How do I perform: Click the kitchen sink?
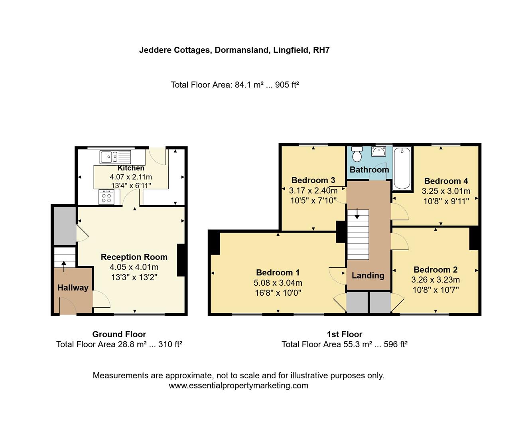pyautogui.click(x=115, y=156)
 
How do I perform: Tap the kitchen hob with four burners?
pyautogui.click(x=106, y=197)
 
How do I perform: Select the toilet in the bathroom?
pyautogui.click(x=357, y=154)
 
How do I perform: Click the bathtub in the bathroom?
pyautogui.click(x=402, y=168)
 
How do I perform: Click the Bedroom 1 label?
pyautogui.click(x=278, y=273)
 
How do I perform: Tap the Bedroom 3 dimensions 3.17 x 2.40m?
pyautogui.click(x=313, y=190)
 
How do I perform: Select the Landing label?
pyautogui.click(x=368, y=275)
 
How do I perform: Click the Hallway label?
pyautogui.click(x=73, y=288)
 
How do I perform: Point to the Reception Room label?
pyautogui.click(x=134, y=257)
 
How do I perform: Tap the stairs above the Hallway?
pyautogui.click(x=65, y=257)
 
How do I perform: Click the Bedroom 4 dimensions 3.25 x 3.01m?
pyautogui.click(x=446, y=191)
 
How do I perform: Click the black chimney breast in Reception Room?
pyautogui.click(x=181, y=260)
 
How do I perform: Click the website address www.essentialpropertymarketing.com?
pyautogui.click(x=238, y=386)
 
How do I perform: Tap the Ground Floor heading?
pyautogui.click(x=119, y=334)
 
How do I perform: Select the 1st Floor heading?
pyautogui.click(x=345, y=334)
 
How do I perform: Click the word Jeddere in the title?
pyautogui.click(x=155, y=50)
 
